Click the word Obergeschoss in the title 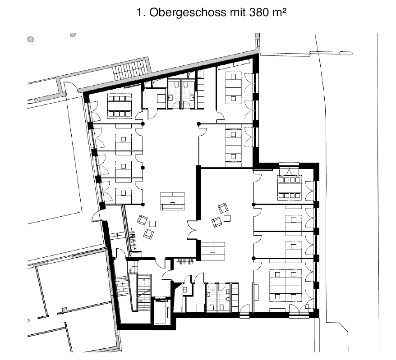point(188,13)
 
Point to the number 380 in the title point(258,12)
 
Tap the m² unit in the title point(279,12)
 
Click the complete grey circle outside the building point(31,39)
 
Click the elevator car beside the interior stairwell point(160,311)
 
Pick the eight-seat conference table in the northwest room point(119,106)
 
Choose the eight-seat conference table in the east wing point(290,188)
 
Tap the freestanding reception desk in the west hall point(172,201)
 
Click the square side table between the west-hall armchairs point(152,223)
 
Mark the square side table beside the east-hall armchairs point(227,218)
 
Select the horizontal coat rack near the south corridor point(186,262)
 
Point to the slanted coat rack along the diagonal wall point(134,239)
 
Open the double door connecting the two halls point(193,230)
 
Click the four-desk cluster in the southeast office point(285,285)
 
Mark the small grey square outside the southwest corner point(64,310)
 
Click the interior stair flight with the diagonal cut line point(144,292)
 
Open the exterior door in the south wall point(244,310)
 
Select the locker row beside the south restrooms point(235,298)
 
